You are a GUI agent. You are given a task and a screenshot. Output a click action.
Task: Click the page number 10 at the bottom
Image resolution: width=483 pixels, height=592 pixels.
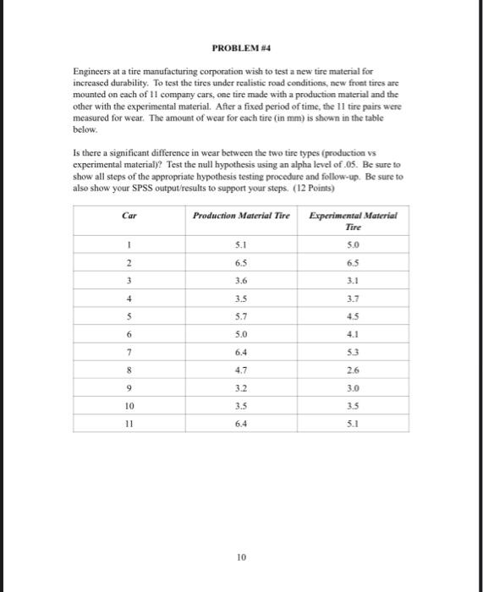coord(241,556)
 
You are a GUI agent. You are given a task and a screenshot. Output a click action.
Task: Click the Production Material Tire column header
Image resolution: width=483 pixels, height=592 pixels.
coord(241,217)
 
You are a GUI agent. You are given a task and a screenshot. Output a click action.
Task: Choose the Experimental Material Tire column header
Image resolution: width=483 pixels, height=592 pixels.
coord(354,222)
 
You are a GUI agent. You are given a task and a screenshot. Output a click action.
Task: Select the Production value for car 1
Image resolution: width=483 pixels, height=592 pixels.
coord(241,247)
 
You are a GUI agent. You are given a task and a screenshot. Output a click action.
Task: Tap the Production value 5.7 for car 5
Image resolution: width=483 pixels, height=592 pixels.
coord(241,316)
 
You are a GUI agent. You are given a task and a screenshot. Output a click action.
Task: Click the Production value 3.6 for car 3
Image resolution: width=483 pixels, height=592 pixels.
coord(241,281)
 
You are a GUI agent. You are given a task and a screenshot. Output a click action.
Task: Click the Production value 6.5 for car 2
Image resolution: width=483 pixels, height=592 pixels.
coord(241,264)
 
